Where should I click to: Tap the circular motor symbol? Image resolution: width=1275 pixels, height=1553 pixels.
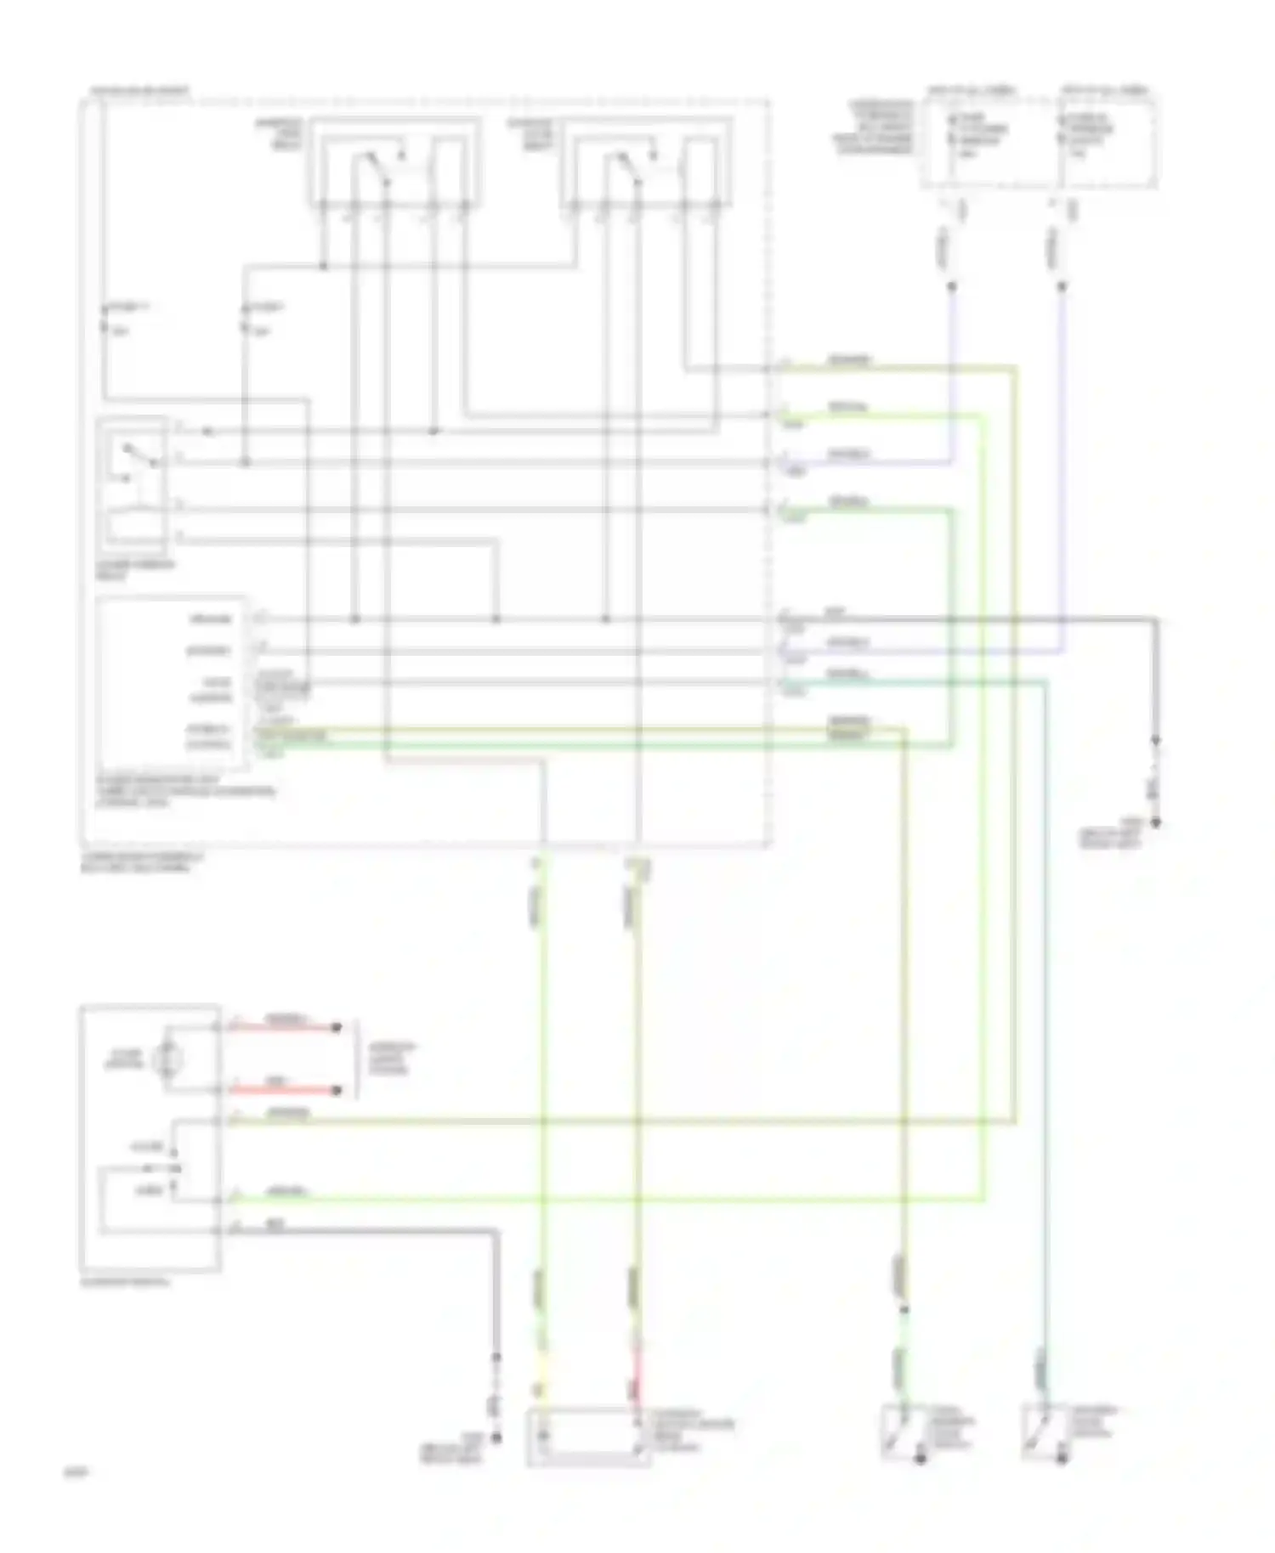point(168,1059)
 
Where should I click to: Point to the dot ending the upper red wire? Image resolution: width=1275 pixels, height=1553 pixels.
point(337,1028)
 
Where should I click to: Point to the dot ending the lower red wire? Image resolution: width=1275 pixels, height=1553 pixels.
point(337,1091)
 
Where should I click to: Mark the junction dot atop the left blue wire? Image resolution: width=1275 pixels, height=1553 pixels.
point(951,287)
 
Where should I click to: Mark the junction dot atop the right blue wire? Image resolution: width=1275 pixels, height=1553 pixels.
point(1062,287)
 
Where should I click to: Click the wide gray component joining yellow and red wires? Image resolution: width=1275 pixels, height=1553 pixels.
point(589,1437)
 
